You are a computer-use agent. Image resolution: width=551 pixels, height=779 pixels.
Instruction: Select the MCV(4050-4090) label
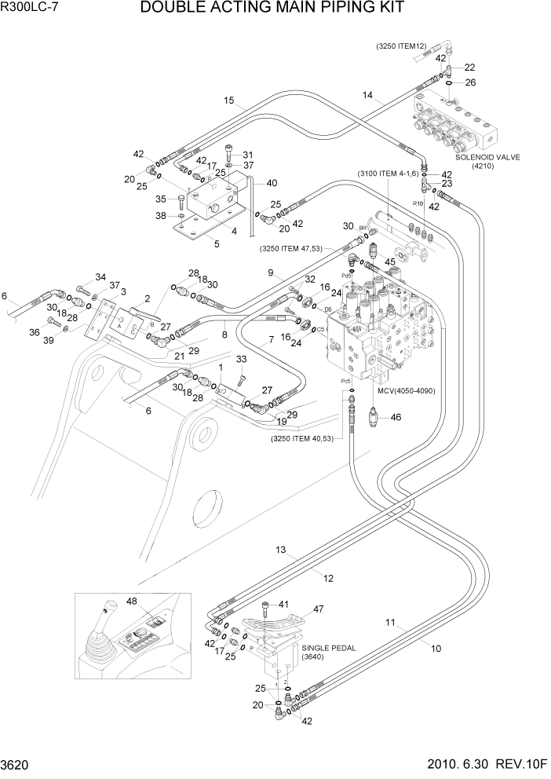tap(406, 390)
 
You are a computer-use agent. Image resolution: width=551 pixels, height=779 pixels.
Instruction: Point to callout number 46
tap(396, 418)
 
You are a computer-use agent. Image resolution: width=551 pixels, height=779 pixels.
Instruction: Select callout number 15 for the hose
tap(229, 100)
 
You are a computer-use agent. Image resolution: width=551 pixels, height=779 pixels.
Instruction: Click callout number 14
tap(367, 95)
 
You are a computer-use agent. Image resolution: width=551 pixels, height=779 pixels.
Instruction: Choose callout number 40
tap(271, 184)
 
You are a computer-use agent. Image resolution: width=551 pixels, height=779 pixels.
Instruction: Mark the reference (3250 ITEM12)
tap(400, 46)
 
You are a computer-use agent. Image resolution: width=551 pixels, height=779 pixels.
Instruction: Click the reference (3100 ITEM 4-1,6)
tap(390, 174)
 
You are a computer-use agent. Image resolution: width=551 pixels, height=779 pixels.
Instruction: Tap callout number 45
tap(389, 262)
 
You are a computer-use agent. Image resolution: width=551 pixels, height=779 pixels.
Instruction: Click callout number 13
tap(280, 550)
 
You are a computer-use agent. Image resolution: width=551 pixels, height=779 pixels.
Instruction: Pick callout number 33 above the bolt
tap(241, 360)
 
